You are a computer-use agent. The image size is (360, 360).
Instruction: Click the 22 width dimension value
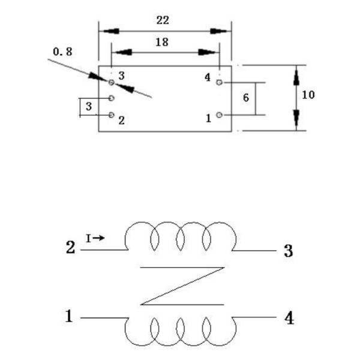tap(163, 20)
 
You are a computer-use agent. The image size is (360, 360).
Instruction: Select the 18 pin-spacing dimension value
tap(161, 42)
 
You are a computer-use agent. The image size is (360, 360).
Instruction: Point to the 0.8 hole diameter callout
tap(62, 52)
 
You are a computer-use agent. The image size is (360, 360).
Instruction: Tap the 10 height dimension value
tap(308, 95)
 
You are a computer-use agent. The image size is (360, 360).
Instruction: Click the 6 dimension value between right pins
tap(246, 97)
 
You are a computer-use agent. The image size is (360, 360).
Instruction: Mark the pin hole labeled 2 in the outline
tap(112, 115)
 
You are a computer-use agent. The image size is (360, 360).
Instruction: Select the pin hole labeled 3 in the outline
tap(112, 82)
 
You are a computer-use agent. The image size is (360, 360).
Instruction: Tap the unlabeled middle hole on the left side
tap(112, 98)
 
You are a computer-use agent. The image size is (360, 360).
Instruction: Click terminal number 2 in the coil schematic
tap(70, 247)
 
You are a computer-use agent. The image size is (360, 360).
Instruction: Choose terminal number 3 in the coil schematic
tap(288, 251)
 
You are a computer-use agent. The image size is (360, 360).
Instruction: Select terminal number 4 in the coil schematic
tap(289, 318)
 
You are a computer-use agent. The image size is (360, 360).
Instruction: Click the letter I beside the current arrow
tap(88, 238)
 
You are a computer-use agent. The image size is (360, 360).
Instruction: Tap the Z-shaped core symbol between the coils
tap(181, 286)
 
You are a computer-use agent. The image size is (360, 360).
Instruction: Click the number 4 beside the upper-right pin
tap(208, 77)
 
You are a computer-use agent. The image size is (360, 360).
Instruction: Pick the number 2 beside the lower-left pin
tap(121, 120)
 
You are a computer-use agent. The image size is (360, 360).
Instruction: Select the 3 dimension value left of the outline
tap(88, 107)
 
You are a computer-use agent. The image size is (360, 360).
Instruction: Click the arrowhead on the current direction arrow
tap(101, 238)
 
